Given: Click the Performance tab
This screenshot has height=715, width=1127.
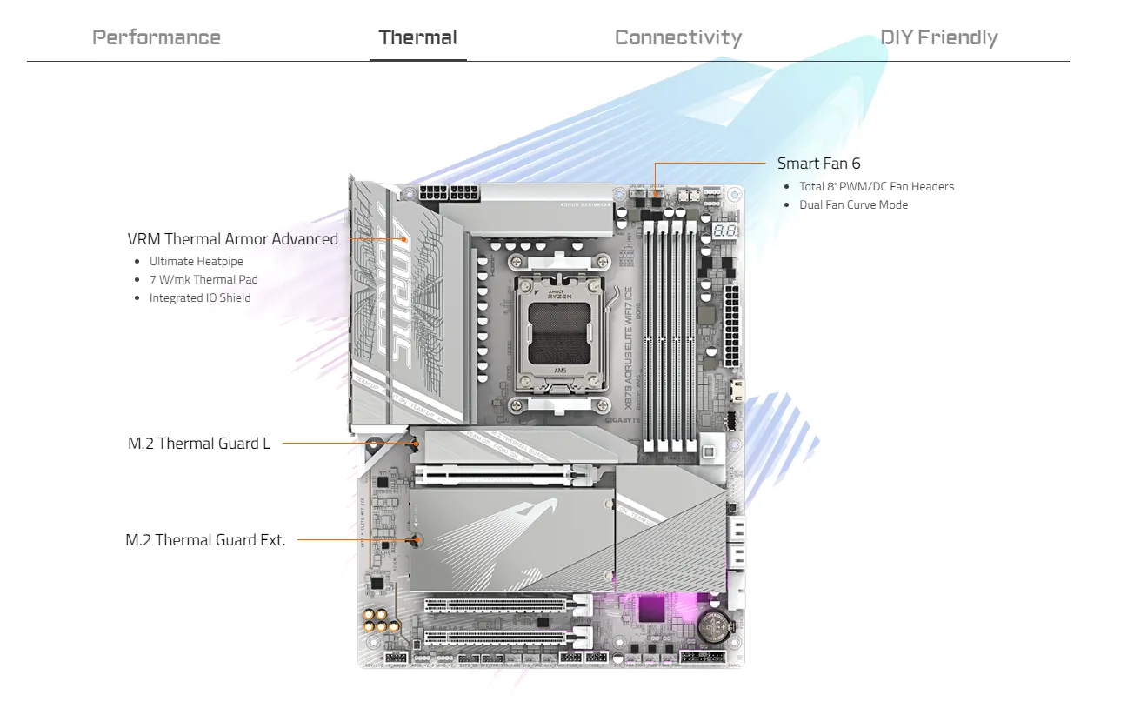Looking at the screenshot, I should point(157,38).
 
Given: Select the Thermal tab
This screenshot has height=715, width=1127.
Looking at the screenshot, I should point(417,38).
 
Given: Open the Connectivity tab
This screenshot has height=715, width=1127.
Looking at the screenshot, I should point(678,38).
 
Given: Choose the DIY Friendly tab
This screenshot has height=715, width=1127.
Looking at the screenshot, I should point(939,38).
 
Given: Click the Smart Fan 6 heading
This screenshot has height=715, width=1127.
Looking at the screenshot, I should point(818,164).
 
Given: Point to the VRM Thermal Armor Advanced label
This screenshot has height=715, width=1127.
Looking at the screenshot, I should point(232,239).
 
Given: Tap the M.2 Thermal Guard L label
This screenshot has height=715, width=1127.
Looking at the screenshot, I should point(199,444).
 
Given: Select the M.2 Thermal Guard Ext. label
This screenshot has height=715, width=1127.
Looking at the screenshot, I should point(205,540).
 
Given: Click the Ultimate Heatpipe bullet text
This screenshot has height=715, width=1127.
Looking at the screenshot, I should point(197,261).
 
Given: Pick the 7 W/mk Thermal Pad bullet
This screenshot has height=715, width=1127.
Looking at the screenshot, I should point(203,279).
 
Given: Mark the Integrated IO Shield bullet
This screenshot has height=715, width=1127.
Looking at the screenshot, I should point(200,297).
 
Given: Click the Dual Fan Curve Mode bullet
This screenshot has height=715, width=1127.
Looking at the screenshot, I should point(854,205).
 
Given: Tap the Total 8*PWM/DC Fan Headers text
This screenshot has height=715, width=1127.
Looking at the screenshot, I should point(877,186).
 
